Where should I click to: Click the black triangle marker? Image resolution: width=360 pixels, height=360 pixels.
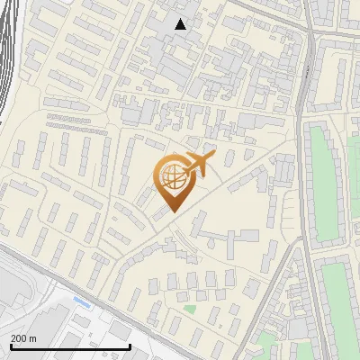click(181, 24)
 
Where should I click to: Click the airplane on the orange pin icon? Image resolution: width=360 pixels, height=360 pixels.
click(199, 164)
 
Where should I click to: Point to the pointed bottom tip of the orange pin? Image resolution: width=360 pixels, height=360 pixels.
click(171, 212)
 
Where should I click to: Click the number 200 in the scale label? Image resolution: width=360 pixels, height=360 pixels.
click(18, 338)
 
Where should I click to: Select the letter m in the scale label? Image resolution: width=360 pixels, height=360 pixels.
click(33, 338)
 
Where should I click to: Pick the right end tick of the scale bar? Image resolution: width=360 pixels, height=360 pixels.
click(130, 346)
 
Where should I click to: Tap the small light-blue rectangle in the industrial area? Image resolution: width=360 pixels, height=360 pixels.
click(81, 302)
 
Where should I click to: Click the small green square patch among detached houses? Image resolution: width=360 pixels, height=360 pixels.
click(190, 310)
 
